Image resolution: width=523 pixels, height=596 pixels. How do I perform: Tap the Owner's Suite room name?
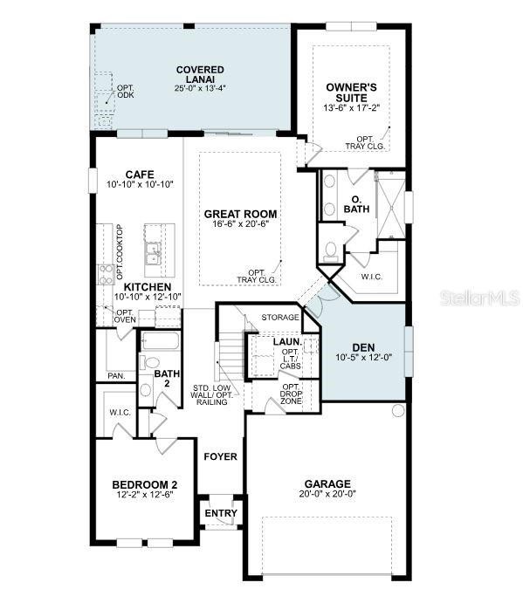(351, 92)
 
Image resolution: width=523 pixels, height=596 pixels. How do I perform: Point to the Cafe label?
(140, 174)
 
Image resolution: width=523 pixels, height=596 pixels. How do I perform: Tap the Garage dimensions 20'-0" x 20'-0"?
(327, 494)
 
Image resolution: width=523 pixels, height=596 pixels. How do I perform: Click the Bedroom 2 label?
(145, 484)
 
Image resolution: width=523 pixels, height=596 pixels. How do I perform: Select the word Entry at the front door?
(221, 513)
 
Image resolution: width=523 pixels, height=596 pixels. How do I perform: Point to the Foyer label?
(221, 456)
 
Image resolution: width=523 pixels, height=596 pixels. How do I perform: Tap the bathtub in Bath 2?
(160, 342)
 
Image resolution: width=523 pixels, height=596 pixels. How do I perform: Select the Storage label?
(280, 318)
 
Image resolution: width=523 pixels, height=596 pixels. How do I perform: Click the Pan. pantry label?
(116, 376)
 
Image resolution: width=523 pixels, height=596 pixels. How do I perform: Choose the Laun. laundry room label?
(286, 342)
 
